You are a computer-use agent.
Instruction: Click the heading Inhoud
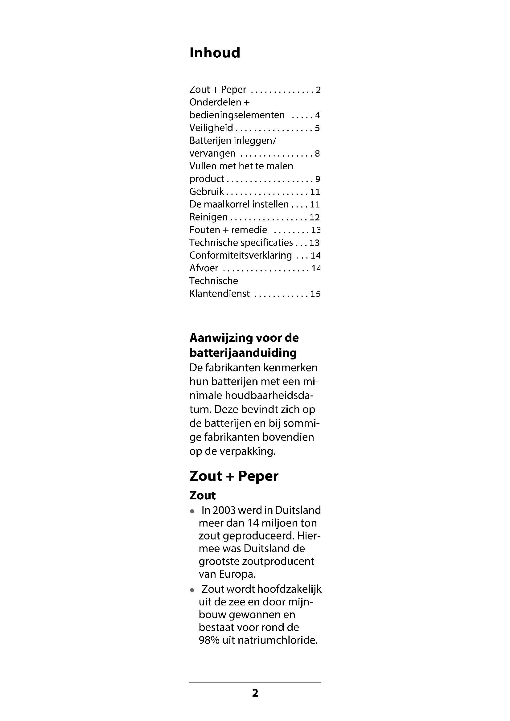(215, 53)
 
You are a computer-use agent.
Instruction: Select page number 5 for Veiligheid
(317, 128)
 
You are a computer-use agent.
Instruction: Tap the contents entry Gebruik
(207, 191)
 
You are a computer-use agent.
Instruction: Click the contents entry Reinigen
(208, 217)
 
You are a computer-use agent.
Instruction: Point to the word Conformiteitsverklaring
(241, 255)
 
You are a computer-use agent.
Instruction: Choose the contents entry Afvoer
(204, 268)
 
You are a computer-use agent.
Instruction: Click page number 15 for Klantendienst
(315, 294)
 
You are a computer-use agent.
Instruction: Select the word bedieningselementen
(237, 115)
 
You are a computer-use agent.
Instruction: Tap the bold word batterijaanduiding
(243, 353)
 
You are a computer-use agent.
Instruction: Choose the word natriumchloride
(278, 640)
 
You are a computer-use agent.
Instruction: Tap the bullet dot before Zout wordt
(192, 590)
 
